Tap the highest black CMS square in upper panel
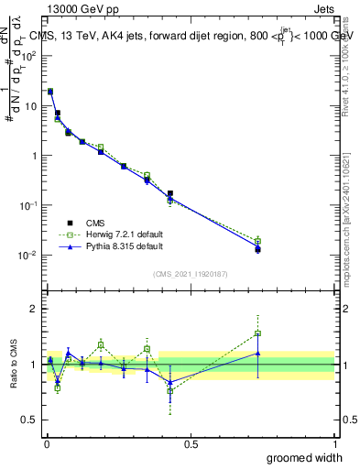coord(50,92)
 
